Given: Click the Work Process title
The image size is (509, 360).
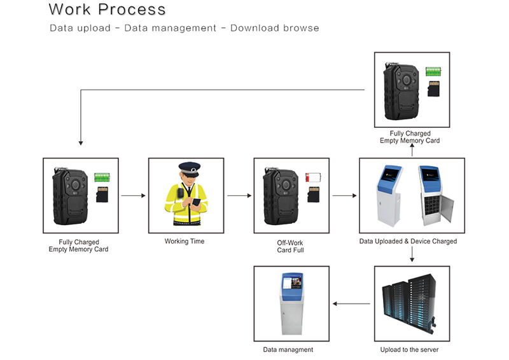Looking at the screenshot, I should (x=107, y=10).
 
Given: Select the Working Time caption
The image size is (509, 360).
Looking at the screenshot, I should (x=185, y=242).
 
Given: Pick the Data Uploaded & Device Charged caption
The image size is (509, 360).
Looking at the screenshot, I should (x=412, y=242).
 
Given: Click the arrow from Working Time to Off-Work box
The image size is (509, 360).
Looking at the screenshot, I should (x=239, y=196).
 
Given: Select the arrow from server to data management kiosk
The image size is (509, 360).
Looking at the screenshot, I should (x=352, y=304).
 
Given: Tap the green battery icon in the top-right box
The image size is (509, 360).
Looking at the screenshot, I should (x=434, y=71).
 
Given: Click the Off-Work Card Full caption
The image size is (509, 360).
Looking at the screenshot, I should (x=291, y=246).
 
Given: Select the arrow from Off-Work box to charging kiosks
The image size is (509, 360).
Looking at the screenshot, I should (x=344, y=196).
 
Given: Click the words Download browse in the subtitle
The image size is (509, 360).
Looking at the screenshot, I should (x=275, y=29).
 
